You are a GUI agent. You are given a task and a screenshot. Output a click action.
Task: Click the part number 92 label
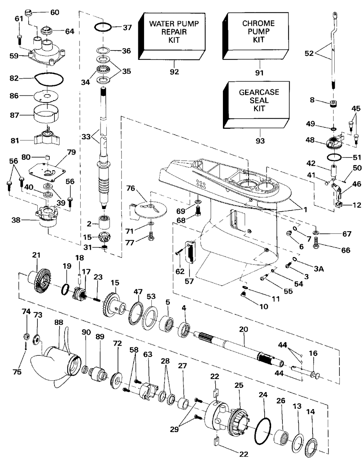(x=174, y=72)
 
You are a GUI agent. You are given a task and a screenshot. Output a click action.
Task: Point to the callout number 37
(x=127, y=27)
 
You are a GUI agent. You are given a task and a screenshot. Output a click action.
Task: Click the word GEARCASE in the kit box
(x=259, y=92)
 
